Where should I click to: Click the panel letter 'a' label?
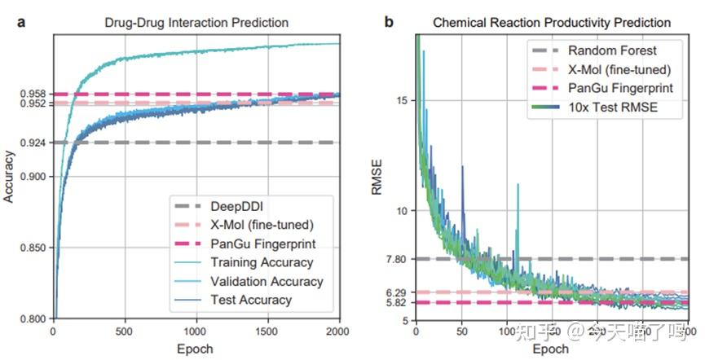click(x=21, y=22)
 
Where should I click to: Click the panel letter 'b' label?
click(x=389, y=22)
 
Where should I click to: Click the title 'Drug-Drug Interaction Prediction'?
click(x=196, y=22)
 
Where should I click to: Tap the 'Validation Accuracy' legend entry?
click(x=266, y=282)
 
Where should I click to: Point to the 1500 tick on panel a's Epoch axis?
click(x=267, y=331)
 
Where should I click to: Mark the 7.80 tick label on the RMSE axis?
click(x=397, y=259)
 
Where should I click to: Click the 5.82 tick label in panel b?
click(x=397, y=303)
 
